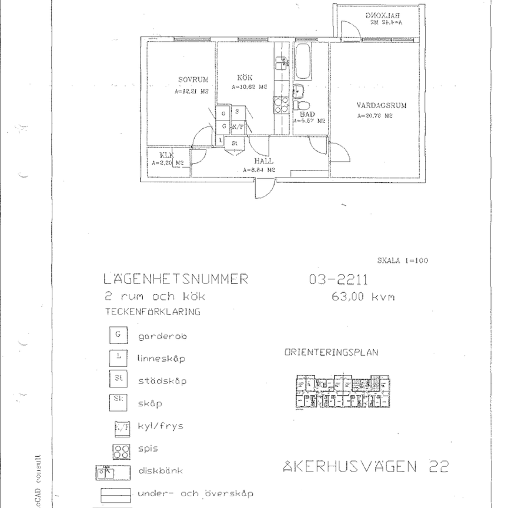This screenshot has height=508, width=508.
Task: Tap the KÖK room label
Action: click(245, 78)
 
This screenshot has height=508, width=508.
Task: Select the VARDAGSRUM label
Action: click(382, 106)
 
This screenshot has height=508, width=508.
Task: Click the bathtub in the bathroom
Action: click(303, 62)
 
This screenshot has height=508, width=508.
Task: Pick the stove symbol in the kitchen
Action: click(280, 105)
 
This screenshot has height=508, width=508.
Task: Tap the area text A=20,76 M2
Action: click(375, 116)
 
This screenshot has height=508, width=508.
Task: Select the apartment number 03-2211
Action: click(338, 279)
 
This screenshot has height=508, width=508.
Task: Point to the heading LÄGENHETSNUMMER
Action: click(176, 279)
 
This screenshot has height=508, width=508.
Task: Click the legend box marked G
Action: click(119, 336)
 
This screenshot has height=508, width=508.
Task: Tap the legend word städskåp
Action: click(162, 381)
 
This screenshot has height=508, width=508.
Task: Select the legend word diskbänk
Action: click(161, 471)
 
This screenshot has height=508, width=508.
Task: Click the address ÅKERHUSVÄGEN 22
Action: click(365, 467)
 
